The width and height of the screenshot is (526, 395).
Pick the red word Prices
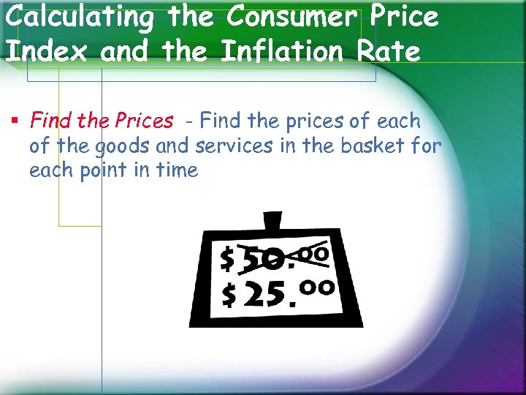[144, 121]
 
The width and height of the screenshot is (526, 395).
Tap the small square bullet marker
[14, 121]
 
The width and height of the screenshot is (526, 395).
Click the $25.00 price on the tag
[278, 293]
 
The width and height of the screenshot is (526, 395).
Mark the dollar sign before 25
[229, 295]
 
